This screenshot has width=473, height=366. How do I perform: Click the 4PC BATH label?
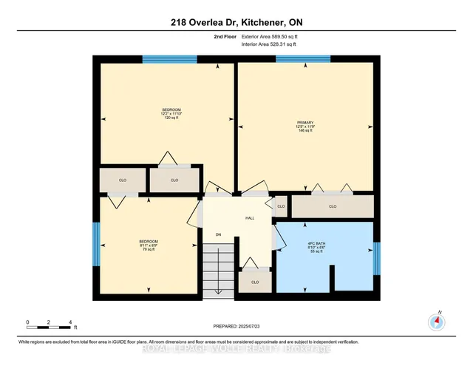(326, 248)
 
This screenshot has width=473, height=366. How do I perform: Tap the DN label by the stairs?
(218, 235)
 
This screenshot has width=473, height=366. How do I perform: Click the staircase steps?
(220, 271)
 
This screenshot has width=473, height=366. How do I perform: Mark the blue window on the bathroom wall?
(376, 257)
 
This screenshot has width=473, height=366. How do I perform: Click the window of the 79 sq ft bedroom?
(96, 243)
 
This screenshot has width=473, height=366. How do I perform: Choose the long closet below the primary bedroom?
(332, 206)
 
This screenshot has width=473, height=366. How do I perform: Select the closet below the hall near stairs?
(255, 282)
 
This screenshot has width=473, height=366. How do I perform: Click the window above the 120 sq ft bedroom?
(163, 60)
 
